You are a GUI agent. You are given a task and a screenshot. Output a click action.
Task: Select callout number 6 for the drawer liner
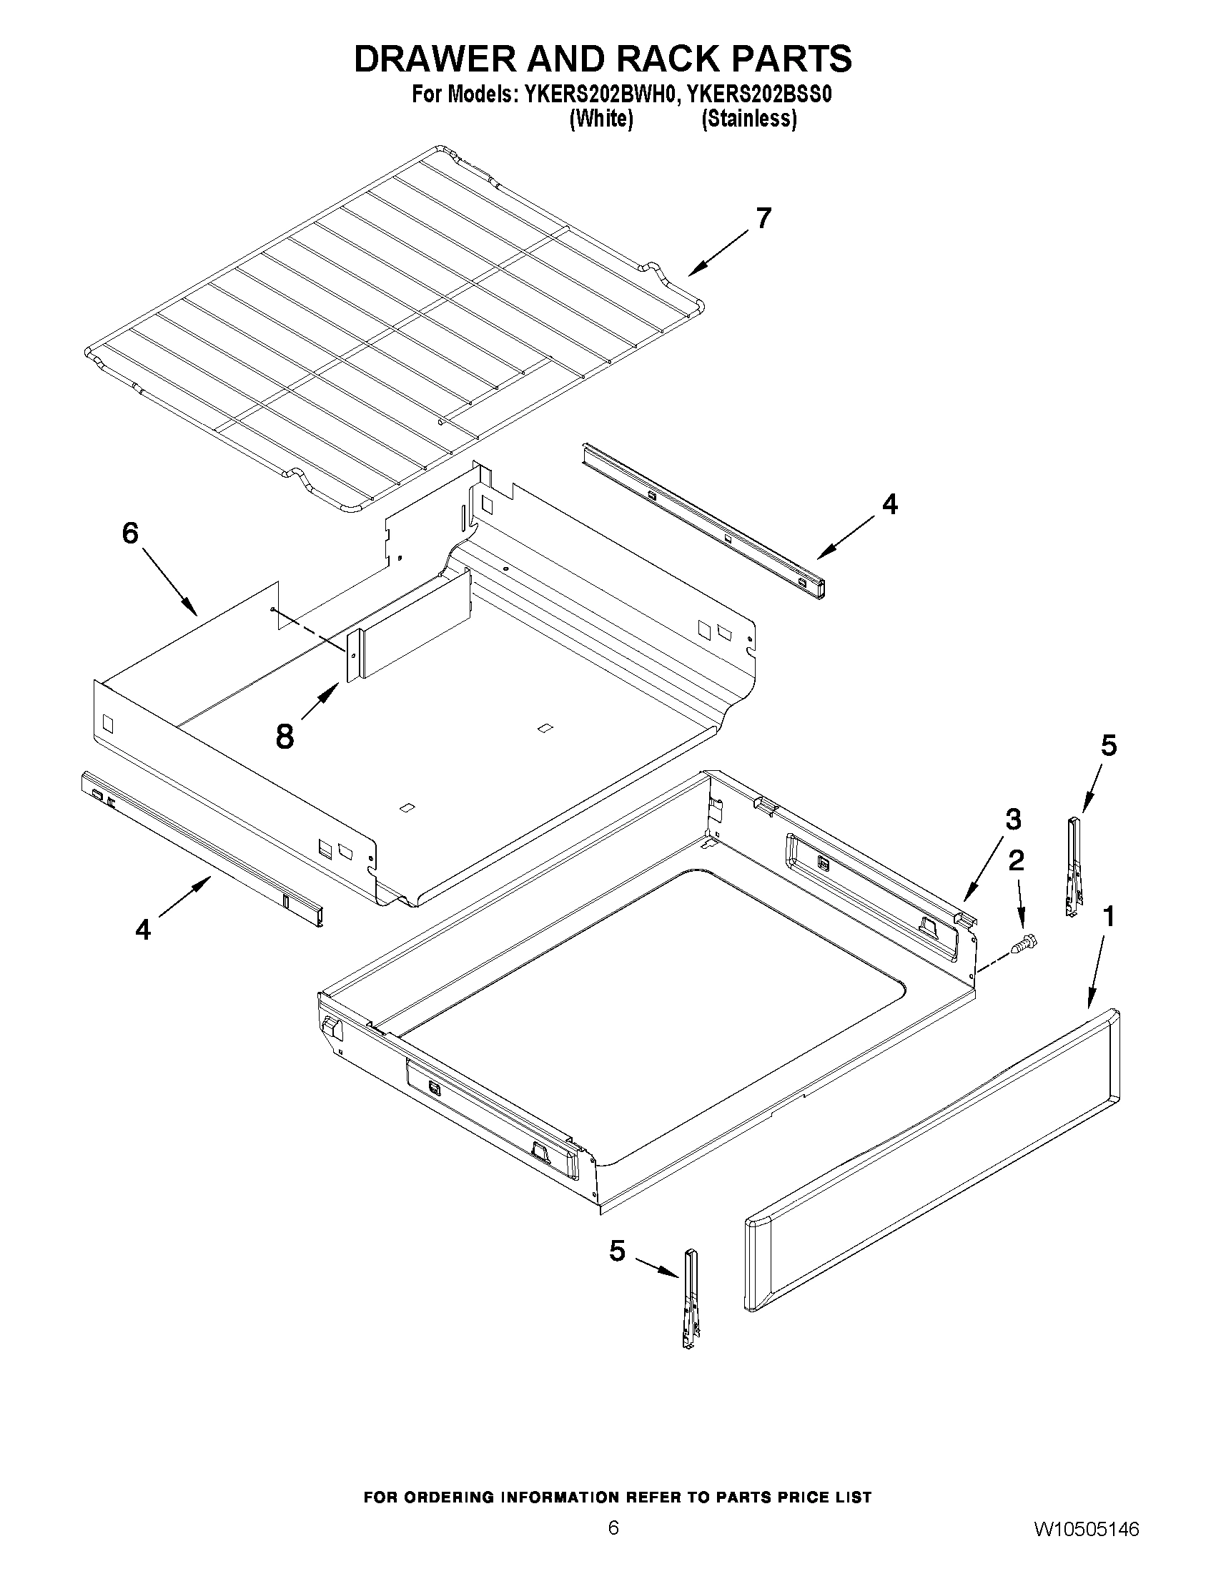[x=130, y=533]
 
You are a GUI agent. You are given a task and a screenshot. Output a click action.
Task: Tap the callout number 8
[x=285, y=737]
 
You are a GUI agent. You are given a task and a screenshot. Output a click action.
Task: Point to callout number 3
[x=1012, y=820]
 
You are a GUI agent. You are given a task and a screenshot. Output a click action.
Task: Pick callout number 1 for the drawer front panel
[x=1109, y=917]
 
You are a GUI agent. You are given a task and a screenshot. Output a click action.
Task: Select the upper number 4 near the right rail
[x=891, y=503]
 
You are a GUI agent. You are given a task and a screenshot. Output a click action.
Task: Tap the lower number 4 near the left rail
[x=144, y=930]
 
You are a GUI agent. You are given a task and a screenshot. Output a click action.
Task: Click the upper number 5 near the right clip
[x=1109, y=745]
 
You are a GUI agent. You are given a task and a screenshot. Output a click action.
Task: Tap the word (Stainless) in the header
[x=749, y=119]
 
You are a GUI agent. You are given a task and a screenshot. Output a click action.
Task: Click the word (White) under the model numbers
[x=600, y=119]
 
